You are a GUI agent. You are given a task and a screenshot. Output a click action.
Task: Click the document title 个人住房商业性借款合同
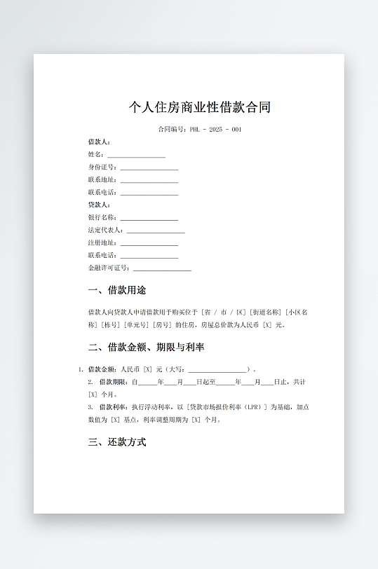199,107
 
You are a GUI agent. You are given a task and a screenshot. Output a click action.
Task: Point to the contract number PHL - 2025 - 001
215,130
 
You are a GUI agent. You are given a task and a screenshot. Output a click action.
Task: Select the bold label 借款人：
99,142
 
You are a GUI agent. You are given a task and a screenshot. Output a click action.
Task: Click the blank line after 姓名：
136,155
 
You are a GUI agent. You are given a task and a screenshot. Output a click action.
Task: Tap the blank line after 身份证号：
149,167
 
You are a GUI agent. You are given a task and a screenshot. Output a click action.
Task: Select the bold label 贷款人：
99,205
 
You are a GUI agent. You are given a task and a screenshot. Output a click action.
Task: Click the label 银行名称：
102,218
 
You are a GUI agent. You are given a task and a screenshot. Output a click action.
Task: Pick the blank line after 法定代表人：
156,231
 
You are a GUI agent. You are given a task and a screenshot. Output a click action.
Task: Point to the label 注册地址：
102,243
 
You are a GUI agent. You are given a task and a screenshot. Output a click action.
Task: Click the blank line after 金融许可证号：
162,268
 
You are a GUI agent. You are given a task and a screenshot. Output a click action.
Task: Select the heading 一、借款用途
117,290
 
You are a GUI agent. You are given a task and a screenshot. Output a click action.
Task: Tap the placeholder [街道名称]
266,313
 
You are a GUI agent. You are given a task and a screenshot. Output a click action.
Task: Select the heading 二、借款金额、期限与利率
147,348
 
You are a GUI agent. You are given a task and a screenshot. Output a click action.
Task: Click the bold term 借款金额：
102,369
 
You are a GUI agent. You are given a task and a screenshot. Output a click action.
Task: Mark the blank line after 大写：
217,370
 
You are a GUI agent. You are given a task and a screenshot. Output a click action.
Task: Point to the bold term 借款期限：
114,382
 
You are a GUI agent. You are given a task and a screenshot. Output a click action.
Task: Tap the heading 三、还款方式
117,443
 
